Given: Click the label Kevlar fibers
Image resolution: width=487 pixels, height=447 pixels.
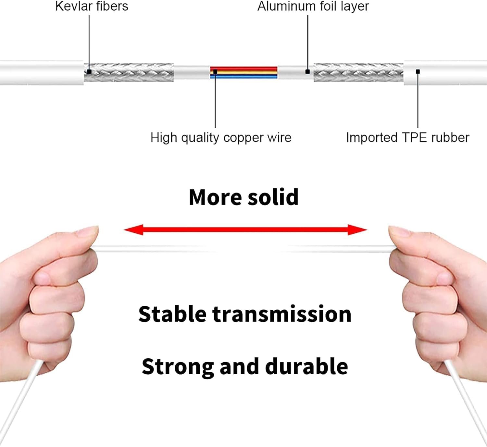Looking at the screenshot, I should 92,6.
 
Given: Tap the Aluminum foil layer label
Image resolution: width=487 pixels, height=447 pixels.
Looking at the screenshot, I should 313,6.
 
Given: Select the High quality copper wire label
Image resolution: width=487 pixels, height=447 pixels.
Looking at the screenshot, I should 221,138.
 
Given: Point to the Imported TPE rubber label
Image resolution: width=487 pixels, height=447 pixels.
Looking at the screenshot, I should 407,138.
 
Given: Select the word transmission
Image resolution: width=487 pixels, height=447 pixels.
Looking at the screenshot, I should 282,314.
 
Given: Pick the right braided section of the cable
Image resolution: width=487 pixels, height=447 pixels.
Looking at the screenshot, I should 358,72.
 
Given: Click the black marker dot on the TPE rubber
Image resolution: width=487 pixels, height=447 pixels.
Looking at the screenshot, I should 418,71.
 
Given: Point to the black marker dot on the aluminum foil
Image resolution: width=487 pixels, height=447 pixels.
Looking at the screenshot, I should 307,71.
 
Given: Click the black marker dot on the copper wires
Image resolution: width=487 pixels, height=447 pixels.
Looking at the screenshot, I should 215,72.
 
